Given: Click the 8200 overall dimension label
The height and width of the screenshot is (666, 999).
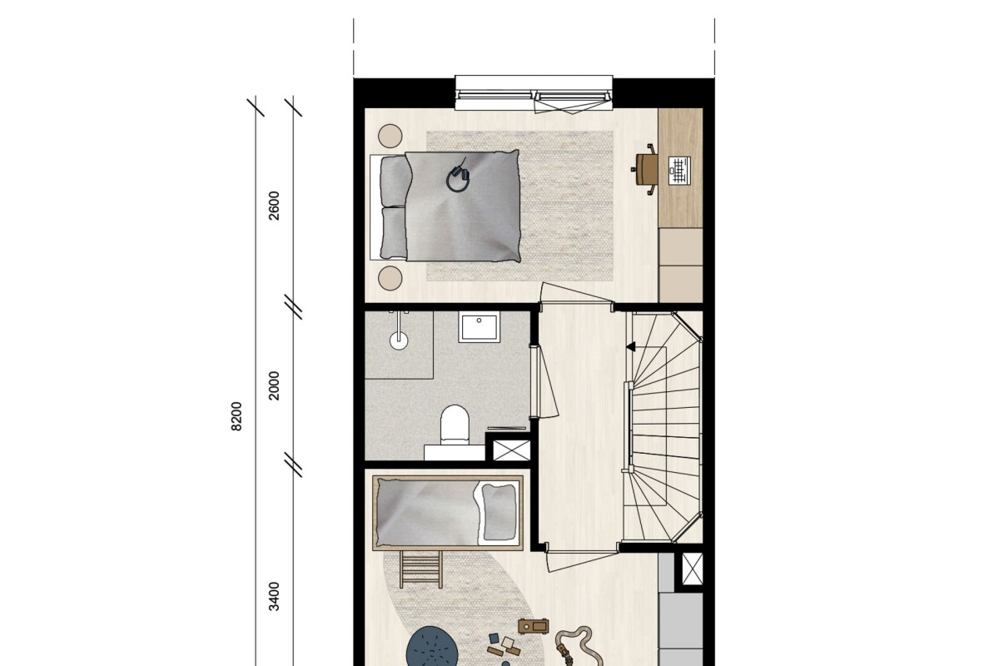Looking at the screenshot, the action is pos(236,416).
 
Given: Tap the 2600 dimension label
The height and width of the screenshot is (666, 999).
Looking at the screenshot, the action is pos(274,206).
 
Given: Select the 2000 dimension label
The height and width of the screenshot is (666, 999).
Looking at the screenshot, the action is pos(274,385).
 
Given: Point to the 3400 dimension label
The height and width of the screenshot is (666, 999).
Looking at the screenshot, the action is pos(274,596).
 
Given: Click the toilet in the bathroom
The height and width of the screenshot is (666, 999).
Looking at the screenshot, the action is pos(455,425).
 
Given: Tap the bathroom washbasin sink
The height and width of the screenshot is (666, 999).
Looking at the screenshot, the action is pos(479,327).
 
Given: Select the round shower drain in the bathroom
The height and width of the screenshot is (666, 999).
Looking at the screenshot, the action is pos(399,341).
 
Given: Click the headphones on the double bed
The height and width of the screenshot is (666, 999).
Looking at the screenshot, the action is pos(459,177).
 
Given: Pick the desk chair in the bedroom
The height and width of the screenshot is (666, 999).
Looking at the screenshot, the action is pos(644,169).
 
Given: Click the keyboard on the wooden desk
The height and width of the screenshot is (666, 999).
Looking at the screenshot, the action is pos(679,171).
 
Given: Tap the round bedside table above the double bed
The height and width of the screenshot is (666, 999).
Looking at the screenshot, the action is pos(390,136).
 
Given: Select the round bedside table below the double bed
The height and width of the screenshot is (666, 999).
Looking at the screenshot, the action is pos(390,278).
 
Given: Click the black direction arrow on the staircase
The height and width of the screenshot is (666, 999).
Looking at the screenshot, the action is pos(631,346).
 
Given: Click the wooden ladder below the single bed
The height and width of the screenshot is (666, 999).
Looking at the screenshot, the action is pos(420,569).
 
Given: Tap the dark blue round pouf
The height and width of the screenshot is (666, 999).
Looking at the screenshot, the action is pos(431,647).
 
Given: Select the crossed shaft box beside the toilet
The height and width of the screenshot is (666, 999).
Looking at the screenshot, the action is pos(511,450).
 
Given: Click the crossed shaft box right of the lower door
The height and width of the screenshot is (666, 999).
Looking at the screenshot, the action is pos(692,569).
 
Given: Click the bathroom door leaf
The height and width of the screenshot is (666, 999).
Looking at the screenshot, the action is pos(547,381).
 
